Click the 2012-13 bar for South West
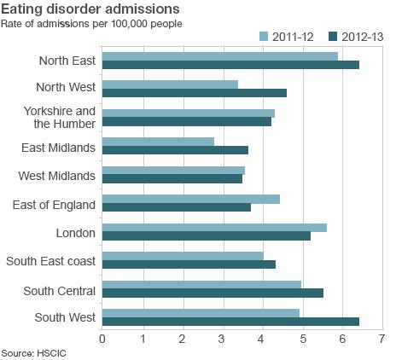230,322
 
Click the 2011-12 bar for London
214,227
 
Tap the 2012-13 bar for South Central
213,293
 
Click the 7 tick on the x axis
382,339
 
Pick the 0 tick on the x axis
102,339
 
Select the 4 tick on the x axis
263,339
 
